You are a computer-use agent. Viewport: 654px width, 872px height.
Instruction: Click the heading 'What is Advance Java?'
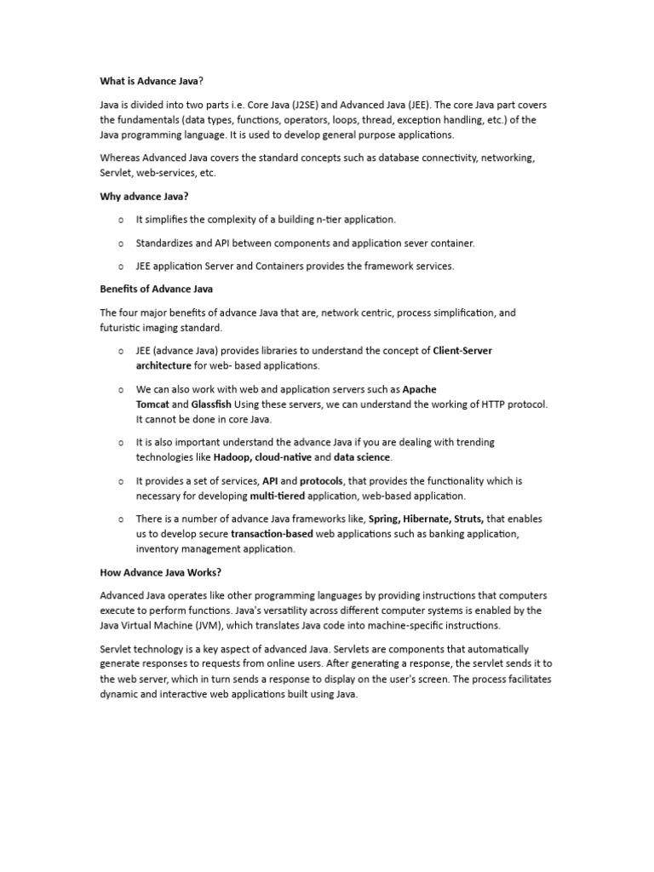(x=152, y=81)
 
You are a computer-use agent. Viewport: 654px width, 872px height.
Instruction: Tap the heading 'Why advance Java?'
(x=144, y=197)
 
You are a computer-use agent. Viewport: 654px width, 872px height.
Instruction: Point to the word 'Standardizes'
(x=167, y=243)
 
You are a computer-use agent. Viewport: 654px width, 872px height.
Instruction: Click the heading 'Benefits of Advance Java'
(x=157, y=290)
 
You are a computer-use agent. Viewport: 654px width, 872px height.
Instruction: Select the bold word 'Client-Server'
(x=462, y=351)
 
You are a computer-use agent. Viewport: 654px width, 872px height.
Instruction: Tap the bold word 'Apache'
(x=419, y=389)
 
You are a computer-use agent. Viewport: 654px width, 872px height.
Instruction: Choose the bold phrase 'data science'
(x=362, y=457)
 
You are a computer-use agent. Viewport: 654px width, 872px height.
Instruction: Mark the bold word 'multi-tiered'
(x=277, y=496)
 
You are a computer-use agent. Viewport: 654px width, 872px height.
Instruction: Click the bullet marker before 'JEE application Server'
(x=121, y=267)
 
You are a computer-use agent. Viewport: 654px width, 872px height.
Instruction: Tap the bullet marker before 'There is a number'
(x=121, y=519)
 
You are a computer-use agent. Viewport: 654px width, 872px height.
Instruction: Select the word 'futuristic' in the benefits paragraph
(x=122, y=328)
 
